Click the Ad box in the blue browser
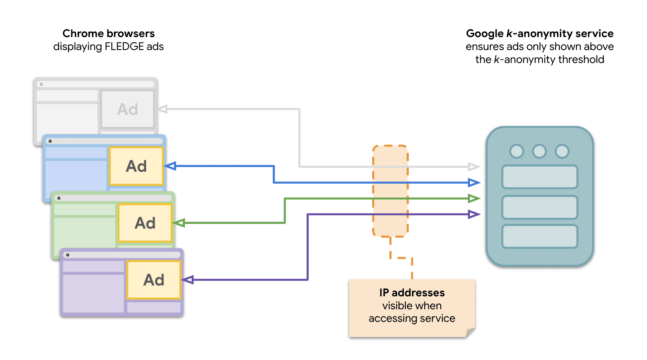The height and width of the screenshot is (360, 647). point(136,166)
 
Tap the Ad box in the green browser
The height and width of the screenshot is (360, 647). point(145,223)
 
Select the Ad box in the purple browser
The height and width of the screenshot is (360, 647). point(154,280)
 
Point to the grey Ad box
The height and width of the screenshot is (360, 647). point(127,109)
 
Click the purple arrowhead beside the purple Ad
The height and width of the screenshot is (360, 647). point(188,280)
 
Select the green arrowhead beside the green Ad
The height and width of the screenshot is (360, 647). point(179,223)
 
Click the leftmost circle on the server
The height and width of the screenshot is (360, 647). point(517,151)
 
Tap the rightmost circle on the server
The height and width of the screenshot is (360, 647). point(562,151)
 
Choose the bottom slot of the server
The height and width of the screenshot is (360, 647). point(540,237)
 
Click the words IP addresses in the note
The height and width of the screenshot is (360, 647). point(412,293)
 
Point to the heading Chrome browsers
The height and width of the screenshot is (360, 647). point(108,33)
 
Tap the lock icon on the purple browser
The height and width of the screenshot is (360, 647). point(68,255)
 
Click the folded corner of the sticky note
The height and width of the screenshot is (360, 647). point(470,332)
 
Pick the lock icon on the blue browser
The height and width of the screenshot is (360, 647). point(50,141)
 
